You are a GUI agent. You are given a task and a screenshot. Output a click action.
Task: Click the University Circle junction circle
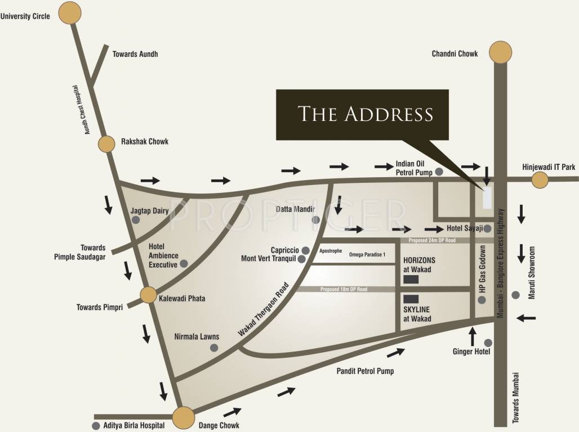pyautogui.click(x=70, y=13)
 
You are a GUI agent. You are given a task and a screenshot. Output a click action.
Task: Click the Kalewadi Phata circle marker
pyautogui.click(x=148, y=295)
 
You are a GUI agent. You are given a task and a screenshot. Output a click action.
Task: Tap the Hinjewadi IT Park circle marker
pyautogui.click(x=540, y=180)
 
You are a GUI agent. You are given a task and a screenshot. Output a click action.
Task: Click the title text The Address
pyautogui.click(x=366, y=114)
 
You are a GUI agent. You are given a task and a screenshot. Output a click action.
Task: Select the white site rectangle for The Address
pyautogui.click(x=487, y=197)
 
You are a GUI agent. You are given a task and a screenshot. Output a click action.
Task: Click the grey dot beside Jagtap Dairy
pyautogui.click(x=135, y=220)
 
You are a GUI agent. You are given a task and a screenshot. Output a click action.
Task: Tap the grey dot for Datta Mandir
pyautogui.click(x=316, y=219)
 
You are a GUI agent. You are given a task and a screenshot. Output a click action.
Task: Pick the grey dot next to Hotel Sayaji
pyautogui.click(x=488, y=229)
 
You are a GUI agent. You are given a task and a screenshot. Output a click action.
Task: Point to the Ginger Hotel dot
pyautogui.click(x=488, y=343)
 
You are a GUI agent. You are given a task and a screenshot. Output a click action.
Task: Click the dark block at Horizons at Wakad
pyautogui.click(x=411, y=279)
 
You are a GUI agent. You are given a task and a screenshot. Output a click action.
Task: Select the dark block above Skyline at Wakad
pyautogui.click(x=411, y=299)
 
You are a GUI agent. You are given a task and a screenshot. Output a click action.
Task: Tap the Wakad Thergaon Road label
pyautogui.click(x=263, y=310)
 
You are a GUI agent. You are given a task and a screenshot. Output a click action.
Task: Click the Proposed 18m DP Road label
pyautogui.click(x=344, y=289)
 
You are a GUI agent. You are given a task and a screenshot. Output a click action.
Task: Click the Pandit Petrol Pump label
pyautogui.click(x=365, y=371)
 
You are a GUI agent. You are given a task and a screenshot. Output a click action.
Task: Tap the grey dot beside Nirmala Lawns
pyautogui.click(x=214, y=348)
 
